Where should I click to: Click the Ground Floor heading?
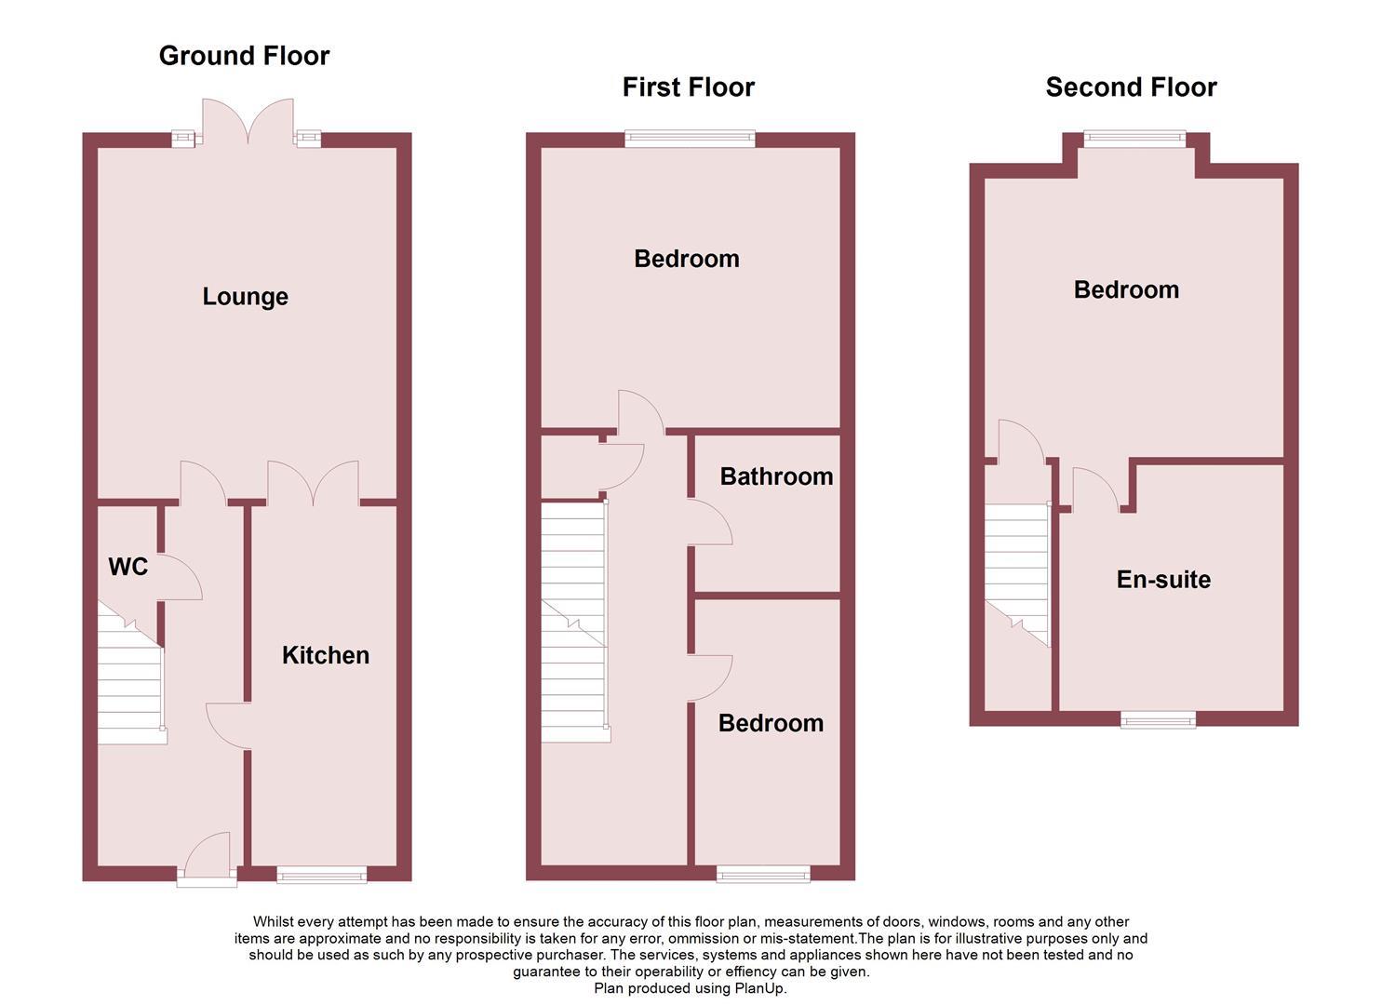pyautogui.click(x=244, y=56)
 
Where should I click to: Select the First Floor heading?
pyautogui.click(x=688, y=87)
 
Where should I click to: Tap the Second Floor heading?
pyautogui.click(x=1131, y=87)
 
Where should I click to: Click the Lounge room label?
pyautogui.click(x=245, y=297)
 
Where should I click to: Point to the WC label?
pyautogui.click(x=127, y=567)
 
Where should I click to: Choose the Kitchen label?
pyautogui.click(x=325, y=655)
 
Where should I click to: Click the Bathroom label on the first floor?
pyautogui.click(x=776, y=476)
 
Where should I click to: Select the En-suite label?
pyautogui.click(x=1163, y=580)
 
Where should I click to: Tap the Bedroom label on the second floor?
pyautogui.click(x=1126, y=289)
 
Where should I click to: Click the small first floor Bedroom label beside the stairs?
pyautogui.click(x=771, y=723)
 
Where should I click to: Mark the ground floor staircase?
pyautogui.click(x=131, y=679)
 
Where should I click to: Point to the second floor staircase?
pyautogui.click(x=1017, y=572)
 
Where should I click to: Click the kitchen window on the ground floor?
pyautogui.click(x=322, y=874)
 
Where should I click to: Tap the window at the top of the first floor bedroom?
pyautogui.click(x=690, y=140)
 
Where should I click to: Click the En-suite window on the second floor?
pyautogui.click(x=1158, y=718)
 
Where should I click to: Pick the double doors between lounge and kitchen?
pyautogui.click(x=313, y=484)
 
